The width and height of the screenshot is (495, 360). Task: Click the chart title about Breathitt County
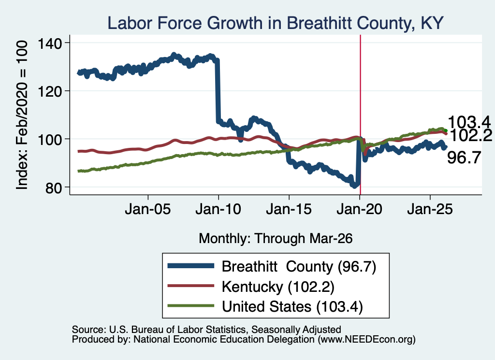(276, 23)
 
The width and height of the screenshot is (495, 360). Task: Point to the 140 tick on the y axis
(50, 43)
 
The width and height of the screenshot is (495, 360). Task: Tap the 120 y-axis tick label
(50, 91)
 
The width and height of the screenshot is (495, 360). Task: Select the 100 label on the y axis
(50, 140)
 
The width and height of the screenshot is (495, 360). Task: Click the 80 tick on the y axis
(53, 187)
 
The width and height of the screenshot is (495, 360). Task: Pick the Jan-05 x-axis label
(148, 209)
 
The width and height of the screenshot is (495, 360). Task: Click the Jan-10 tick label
(218, 209)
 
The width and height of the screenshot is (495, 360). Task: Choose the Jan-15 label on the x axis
(289, 209)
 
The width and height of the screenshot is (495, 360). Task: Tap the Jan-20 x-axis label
(360, 209)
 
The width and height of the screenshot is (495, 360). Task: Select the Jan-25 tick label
(430, 209)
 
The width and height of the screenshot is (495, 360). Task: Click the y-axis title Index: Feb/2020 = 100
(22, 115)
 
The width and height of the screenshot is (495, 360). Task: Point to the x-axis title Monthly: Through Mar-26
(276, 238)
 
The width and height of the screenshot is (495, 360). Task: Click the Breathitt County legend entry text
(299, 267)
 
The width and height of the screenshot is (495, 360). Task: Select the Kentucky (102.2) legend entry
(278, 287)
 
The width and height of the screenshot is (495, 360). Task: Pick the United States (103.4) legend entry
(292, 307)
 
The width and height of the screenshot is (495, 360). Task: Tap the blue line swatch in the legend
(190, 266)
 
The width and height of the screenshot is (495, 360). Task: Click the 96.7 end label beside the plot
(464, 158)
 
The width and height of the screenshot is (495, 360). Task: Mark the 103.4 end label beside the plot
(469, 122)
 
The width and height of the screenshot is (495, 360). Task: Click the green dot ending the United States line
(446, 130)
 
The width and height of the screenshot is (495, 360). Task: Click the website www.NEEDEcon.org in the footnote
(366, 339)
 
